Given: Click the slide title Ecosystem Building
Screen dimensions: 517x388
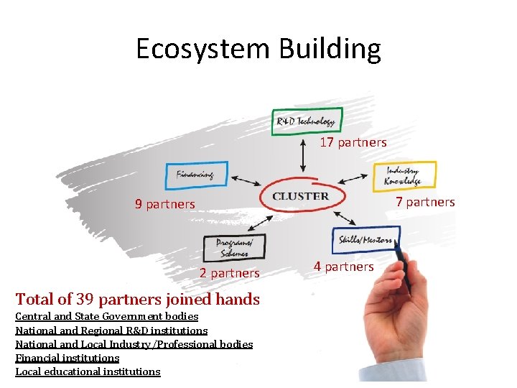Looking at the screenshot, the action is click(x=258, y=49).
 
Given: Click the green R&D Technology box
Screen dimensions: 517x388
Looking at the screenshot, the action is click(x=307, y=121).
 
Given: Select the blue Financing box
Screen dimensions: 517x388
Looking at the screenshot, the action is click(x=196, y=175).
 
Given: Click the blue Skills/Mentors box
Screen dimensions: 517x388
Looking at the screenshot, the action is click(x=365, y=240).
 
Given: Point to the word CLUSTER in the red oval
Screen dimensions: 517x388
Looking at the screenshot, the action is click(x=301, y=196).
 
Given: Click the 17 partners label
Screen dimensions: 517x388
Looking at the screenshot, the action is click(x=353, y=142).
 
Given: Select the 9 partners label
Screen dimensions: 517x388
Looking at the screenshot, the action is click(x=164, y=204).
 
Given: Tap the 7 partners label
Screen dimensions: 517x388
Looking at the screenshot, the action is click(x=425, y=202).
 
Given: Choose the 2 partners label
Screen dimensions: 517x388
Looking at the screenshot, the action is click(x=229, y=273).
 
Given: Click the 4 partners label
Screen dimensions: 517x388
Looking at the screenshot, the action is click(x=343, y=267).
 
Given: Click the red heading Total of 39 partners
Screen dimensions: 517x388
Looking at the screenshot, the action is click(x=137, y=299).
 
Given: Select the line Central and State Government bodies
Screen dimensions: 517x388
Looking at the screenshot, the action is click(x=107, y=317).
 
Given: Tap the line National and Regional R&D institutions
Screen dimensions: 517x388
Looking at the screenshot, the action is click(x=111, y=331).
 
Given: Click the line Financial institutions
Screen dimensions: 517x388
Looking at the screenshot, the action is click(x=67, y=358).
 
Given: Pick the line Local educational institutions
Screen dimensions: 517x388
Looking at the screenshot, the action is click(x=88, y=371).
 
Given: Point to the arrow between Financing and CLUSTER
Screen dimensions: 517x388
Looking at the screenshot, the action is click(x=247, y=180).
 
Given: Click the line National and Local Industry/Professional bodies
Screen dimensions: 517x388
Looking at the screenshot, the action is click(x=134, y=344).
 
